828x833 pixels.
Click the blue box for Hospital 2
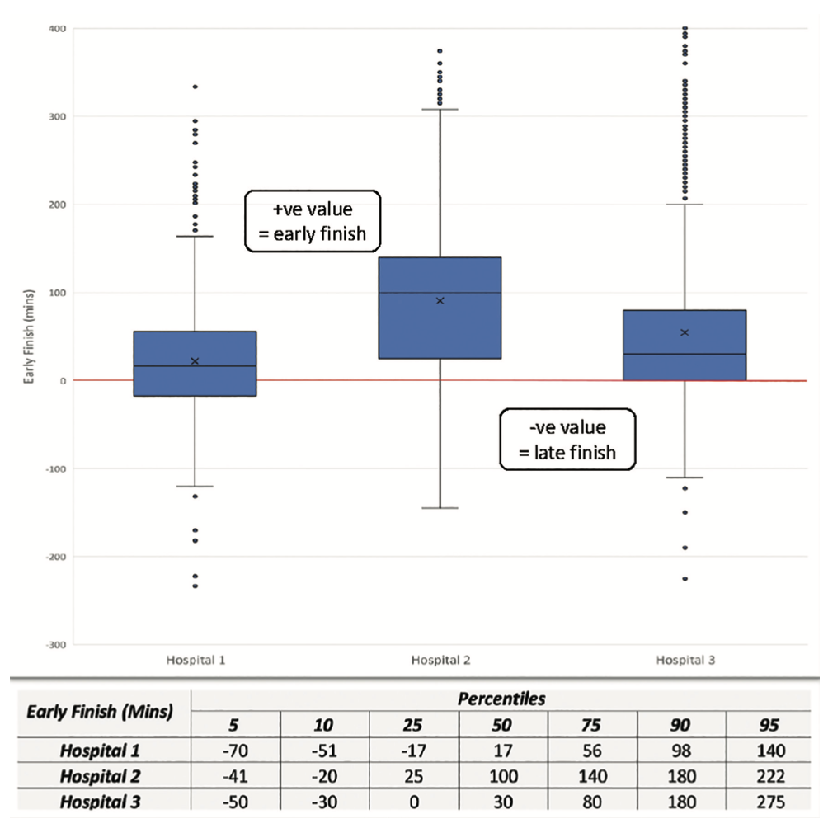coord(440,308)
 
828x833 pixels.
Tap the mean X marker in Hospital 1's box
coord(195,360)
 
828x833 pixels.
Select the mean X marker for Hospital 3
coord(685,332)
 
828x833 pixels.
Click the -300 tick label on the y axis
coord(57,645)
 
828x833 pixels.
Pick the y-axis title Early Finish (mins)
coord(27,336)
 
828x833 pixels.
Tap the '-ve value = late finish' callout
coord(567,440)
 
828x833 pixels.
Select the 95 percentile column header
coord(768,726)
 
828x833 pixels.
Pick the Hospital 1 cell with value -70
coord(235,751)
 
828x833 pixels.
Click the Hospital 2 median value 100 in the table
coord(501,776)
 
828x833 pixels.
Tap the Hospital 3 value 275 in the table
coord(768,802)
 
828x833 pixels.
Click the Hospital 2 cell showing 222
coord(768,776)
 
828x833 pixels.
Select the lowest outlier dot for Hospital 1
coord(195,586)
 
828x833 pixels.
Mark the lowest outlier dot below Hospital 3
coord(685,579)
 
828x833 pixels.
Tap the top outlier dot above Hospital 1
coord(195,87)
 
